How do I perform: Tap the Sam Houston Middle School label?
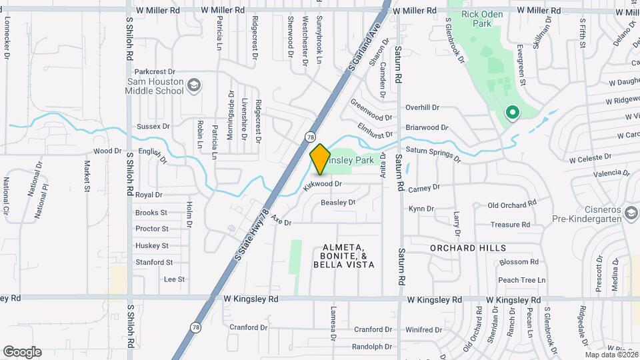point(155,86)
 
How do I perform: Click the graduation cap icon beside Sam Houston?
point(193,85)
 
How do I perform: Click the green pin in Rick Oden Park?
point(512,113)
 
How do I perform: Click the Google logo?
point(22,352)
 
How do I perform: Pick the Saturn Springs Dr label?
point(433,155)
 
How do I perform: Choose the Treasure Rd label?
point(509,225)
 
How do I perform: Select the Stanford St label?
point(154,263)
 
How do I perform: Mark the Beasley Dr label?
point(338,202)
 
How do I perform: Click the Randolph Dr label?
point(372,347)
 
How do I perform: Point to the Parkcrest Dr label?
point(154,71)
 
